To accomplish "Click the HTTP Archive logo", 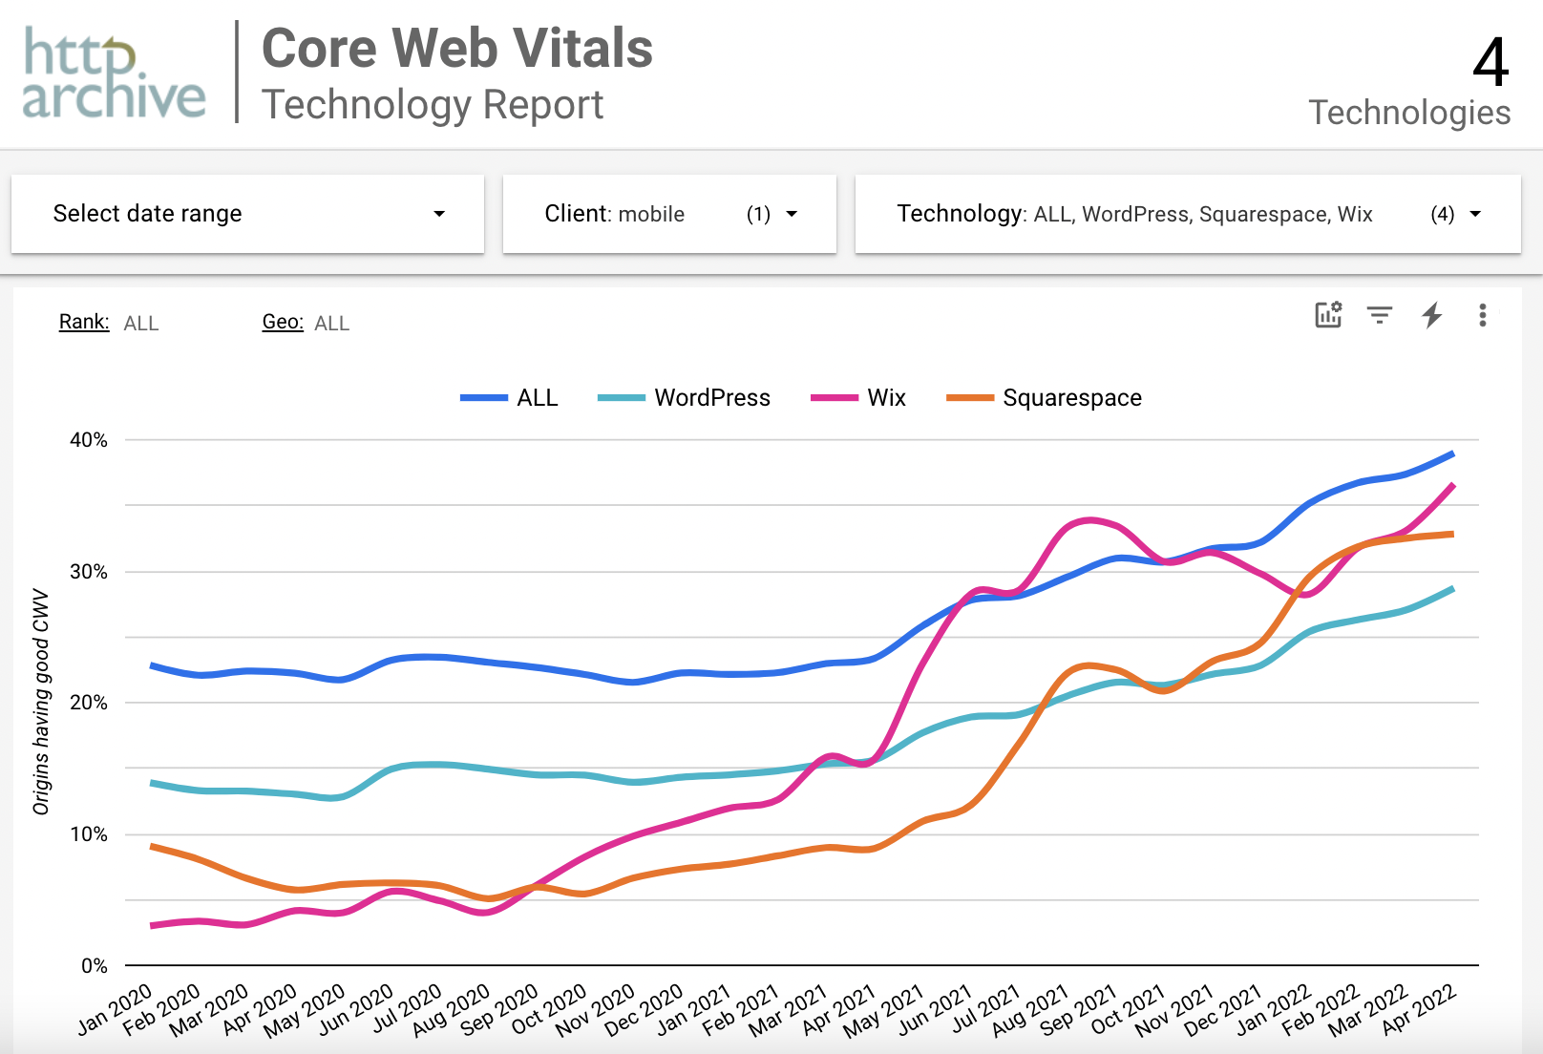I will point(114,74).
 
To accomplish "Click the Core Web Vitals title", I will point(457,49).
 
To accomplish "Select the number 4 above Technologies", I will point(1490,63).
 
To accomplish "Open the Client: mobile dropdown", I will point(669,214).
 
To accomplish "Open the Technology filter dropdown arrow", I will point(1475,214).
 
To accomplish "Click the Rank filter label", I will point(84,322).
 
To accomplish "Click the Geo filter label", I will point(283,322).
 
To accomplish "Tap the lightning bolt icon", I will point(1431,315).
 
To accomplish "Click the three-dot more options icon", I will point(1482,315).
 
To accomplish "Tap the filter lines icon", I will point(1379,315).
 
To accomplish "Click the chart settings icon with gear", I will point(1328,314).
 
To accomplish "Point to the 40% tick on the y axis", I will point(89,440).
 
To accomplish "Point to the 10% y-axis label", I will point(89,834).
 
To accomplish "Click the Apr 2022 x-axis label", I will point(1420,1009).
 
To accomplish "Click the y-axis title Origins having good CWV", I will point(40,702).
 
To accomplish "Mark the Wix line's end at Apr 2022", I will point(1453,485).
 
